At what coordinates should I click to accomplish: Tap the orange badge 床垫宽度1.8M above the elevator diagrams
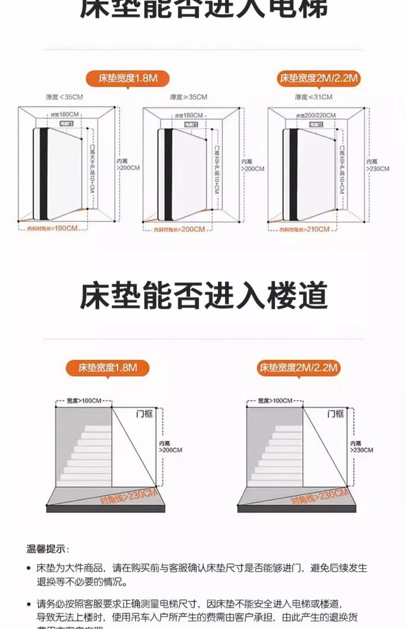pos(128,78)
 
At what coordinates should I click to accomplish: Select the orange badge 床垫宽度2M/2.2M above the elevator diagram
pos(318,78)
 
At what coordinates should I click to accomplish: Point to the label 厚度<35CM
pos(65,97)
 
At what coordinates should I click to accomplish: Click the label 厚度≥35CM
pos(189,97)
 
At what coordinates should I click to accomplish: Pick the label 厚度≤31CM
pos(313,97)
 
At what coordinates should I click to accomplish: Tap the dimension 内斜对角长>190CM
pos(52,229)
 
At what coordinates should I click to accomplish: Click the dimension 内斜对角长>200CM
pos(179,229)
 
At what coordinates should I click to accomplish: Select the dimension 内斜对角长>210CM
pos(304,229)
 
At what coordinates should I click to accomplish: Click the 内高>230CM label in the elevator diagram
pos(378,165)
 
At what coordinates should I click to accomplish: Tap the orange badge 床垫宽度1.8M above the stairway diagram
pos(108,368)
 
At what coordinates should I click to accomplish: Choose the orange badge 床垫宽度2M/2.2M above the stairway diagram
pos(298,368)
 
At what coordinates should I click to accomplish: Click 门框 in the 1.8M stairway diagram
pos(145,414)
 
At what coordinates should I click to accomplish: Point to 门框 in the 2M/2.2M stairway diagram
pos(335,414)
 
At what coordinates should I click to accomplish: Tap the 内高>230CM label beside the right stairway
pos(361,447)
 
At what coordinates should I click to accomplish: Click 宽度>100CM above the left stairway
pos(84,401)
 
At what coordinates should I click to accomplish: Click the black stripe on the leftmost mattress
pos(44,174)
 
